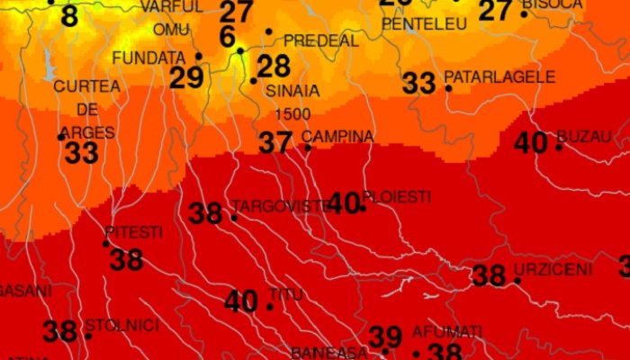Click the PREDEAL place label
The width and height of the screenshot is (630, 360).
tap(321, 41)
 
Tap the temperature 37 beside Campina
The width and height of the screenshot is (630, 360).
tap(275, 142)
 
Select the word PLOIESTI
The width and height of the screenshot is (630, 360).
tap(396, 196)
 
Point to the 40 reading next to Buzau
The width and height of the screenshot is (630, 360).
tap(531, 142)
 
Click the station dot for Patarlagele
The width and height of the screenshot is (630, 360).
tap(448, 87)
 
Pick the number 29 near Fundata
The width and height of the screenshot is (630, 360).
tap(186, 78)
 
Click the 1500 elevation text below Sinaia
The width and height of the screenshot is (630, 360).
tap(292, 113)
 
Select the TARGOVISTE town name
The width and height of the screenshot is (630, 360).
tap(282, 206)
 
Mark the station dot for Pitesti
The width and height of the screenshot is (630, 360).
tap(106, 243)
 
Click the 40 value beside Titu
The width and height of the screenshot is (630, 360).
tap(241, 301)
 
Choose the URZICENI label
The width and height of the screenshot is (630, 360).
tap(553, 269)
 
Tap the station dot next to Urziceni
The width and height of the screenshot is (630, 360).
tap(517, 281)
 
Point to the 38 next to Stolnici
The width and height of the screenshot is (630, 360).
tap(59, 331)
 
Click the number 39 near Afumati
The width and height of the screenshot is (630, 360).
tap(385, 336)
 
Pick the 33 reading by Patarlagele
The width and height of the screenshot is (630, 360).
tap(418, 84)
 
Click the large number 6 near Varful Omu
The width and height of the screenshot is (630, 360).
tap(227, 37)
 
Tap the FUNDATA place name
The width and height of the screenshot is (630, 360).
tap(142, 58)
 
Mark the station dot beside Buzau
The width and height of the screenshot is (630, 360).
tap(559, 147)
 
